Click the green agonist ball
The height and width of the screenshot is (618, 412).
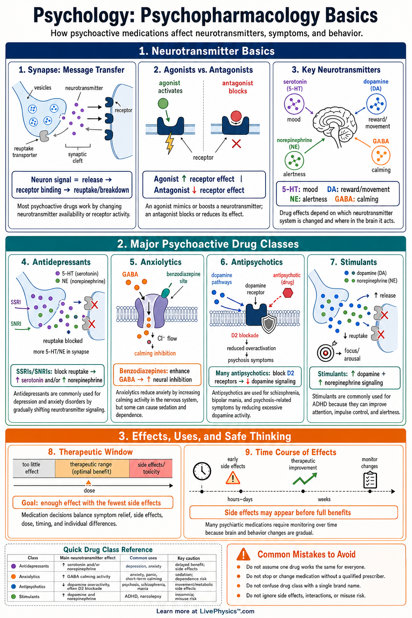point(163,103)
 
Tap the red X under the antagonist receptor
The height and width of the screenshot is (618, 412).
point(236,144)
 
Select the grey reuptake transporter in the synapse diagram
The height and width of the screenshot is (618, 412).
point(44,136)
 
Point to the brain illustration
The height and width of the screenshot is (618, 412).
point(334,126)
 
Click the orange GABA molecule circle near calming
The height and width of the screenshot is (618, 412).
point(381,155)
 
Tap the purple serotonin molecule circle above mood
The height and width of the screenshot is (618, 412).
point(294,104)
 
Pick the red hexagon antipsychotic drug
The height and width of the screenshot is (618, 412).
point(288,293)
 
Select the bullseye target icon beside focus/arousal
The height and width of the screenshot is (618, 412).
point(325,352)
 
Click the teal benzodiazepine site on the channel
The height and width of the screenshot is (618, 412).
point(165,293)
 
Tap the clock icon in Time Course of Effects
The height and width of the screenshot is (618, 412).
point(202,471)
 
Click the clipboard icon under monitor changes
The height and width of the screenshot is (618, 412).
point(370,480)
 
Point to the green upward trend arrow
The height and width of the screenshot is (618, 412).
point(305,479)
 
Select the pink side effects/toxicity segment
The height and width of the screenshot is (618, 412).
point(150,468)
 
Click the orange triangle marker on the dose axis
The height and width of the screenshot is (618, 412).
point(88,482)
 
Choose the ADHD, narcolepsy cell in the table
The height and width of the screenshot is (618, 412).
point(143,596)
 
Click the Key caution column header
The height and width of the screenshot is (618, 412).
point(189,558)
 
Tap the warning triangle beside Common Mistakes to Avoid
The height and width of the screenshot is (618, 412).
point(243,554)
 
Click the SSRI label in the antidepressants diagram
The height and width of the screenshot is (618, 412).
point(16,302)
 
